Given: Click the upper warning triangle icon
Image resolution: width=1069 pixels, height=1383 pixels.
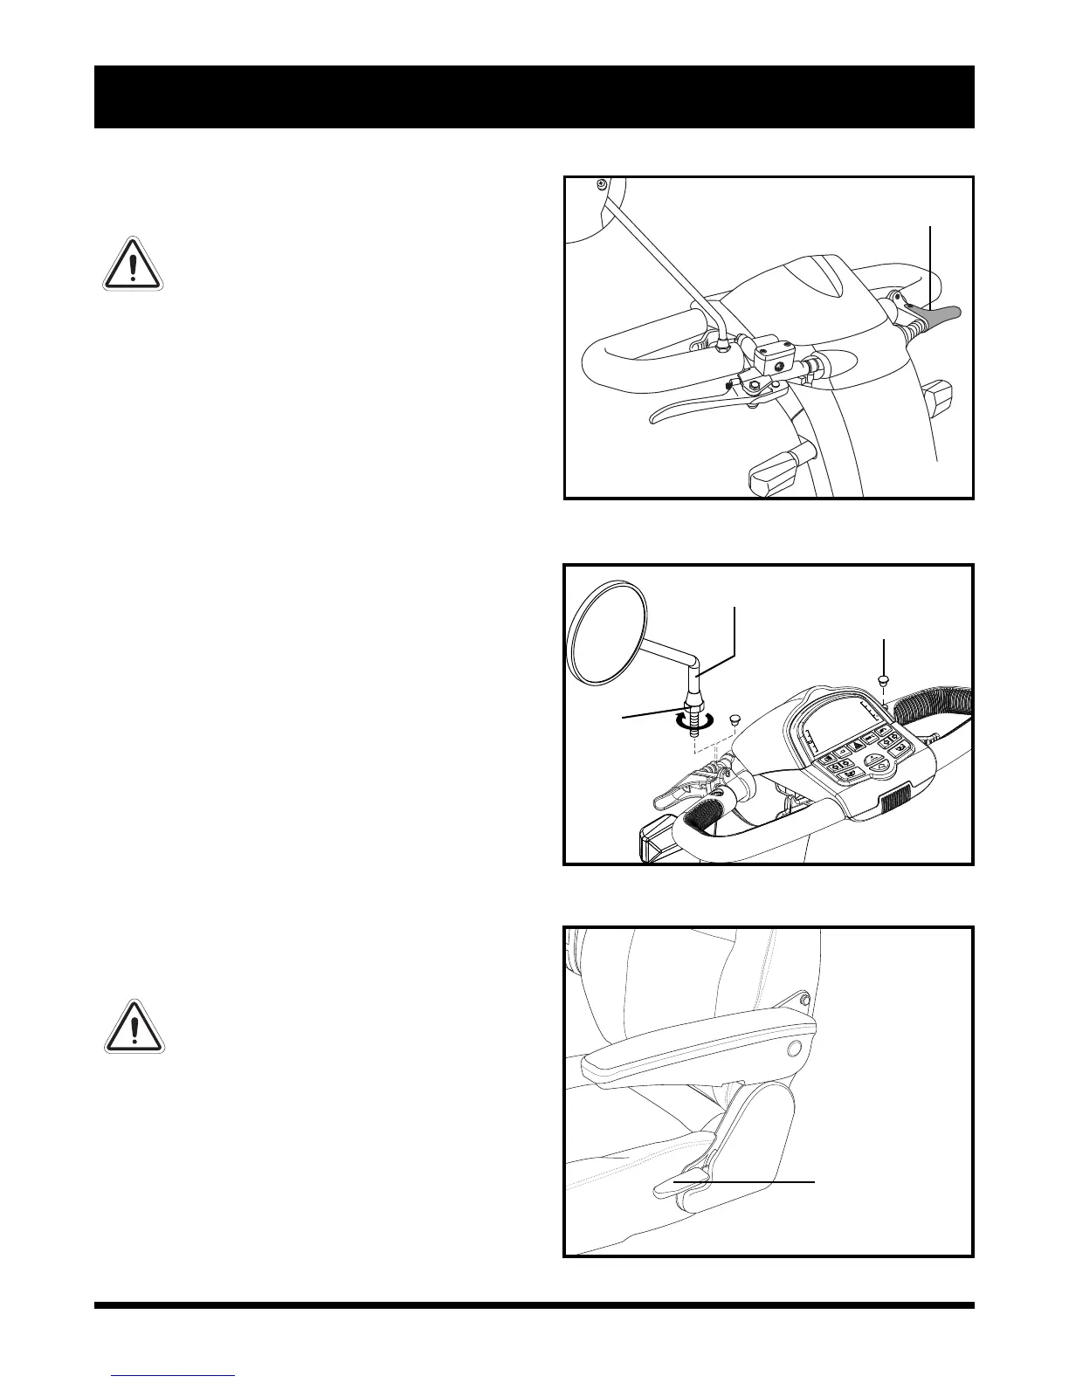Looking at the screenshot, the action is tap(132, 264).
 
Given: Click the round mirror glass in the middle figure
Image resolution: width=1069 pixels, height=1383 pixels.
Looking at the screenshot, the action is tap(606, 632).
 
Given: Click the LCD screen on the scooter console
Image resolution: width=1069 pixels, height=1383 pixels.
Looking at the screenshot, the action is tap(841, 727).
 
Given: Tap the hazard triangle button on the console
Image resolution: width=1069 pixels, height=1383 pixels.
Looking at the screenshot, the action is tap(852, 745).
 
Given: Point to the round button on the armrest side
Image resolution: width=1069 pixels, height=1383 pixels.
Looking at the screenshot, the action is tap(795, 1049).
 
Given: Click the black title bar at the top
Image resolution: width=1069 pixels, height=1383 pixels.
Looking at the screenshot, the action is tap(534, 96).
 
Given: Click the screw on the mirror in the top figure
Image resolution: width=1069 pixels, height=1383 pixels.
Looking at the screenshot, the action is tap(602, 183).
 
